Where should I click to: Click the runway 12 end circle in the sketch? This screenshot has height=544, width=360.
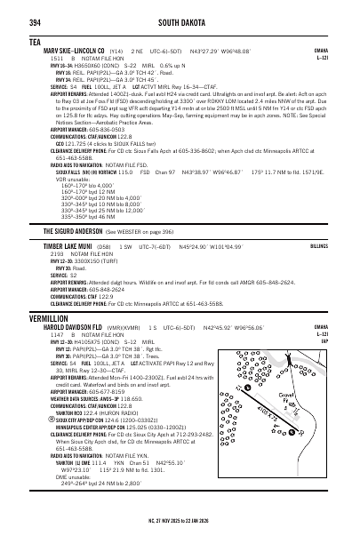248,388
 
